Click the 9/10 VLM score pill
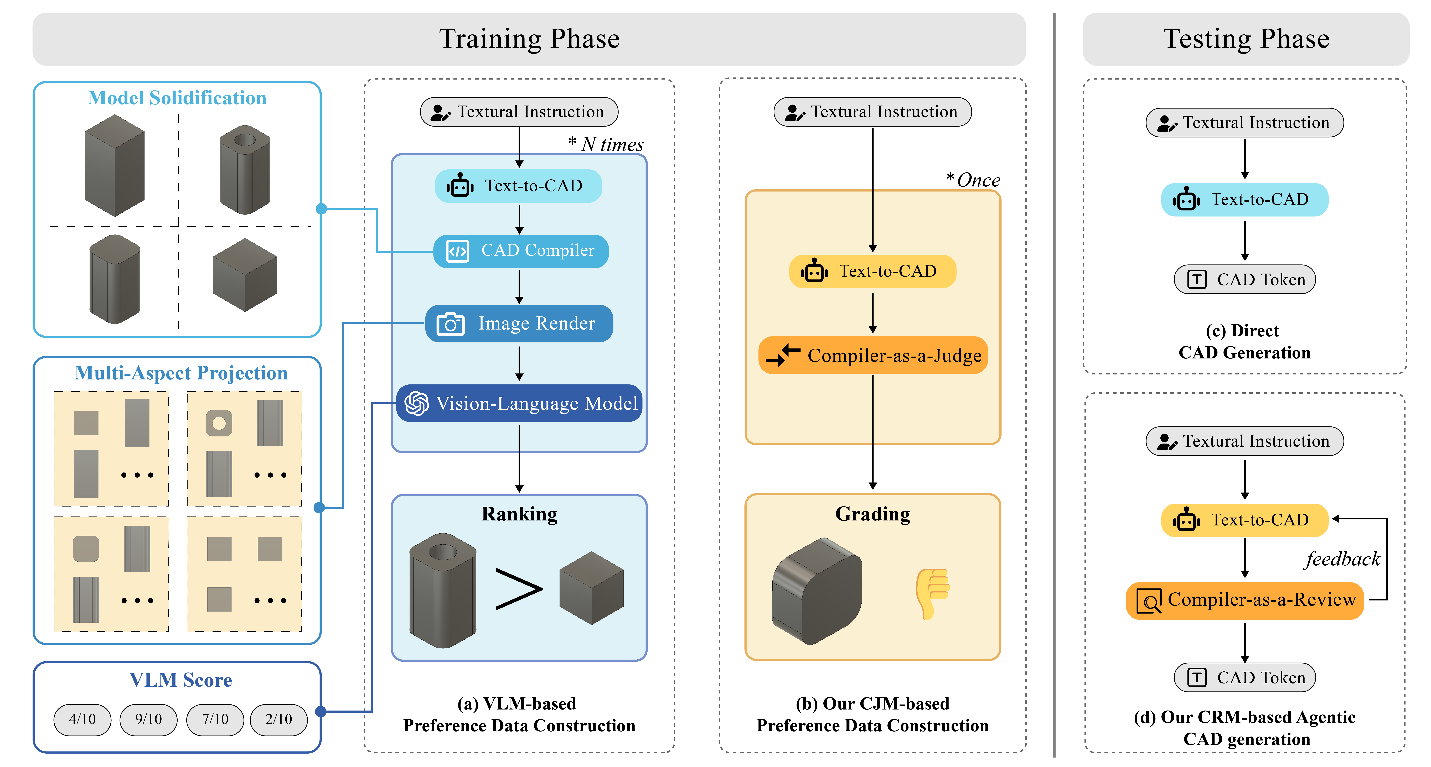tap(148, 719)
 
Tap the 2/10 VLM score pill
tap(278, 719)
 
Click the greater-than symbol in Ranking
tap(518, 589)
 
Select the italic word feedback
tap(1342, 559)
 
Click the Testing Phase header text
tap(1246, 39)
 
